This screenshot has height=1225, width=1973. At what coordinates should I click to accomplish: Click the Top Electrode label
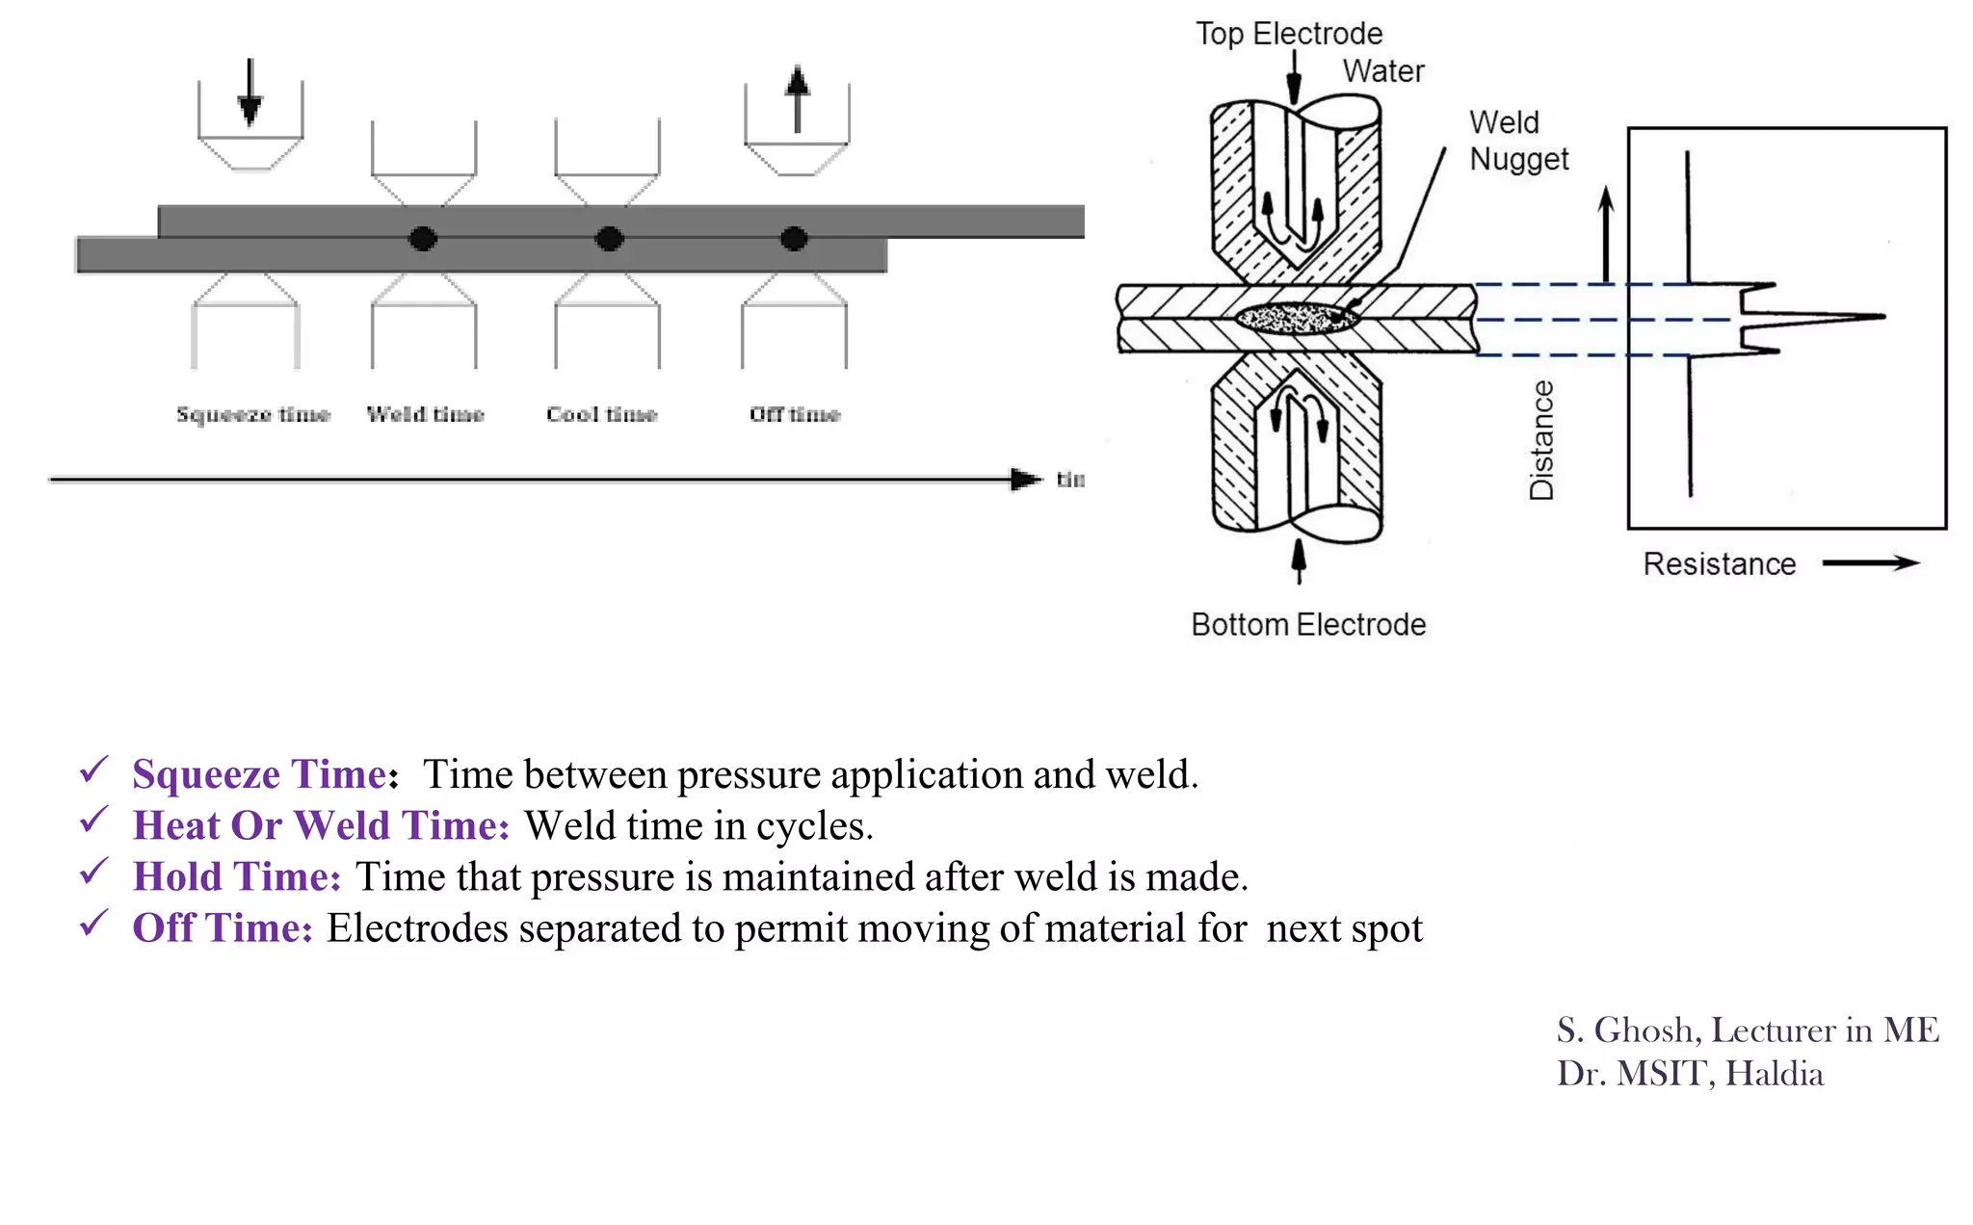point(1288,34)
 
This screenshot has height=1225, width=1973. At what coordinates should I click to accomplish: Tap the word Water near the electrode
point(1382,71)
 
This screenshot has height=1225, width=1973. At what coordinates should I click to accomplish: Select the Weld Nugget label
point(1517,141)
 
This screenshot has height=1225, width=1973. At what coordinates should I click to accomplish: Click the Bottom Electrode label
point(1307,624)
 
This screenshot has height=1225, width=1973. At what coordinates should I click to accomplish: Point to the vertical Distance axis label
point(1541,440)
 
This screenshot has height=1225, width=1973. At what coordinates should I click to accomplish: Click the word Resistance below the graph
point(1719,563)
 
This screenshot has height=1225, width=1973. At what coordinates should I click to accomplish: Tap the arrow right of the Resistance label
point(1870,563)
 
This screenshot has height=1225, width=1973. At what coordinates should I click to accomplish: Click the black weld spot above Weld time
point(423,238)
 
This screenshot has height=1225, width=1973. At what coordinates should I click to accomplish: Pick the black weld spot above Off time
point(794,238)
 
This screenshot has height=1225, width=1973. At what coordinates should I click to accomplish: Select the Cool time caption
point(601,414)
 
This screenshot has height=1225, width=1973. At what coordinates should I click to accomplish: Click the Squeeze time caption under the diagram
point(252,414)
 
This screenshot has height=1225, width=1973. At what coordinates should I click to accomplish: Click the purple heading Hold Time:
point(237,876)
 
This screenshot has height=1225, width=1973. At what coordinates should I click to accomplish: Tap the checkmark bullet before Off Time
point(93,924)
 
